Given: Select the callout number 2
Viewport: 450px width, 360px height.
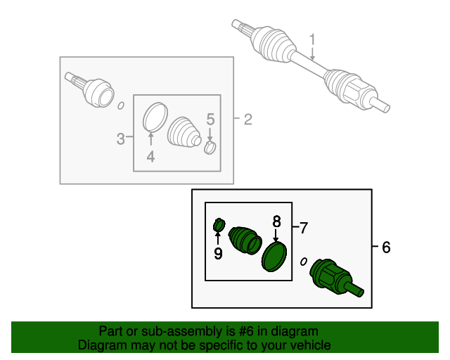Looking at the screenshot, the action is tap(248, 120).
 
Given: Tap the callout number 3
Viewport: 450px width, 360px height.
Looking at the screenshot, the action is tap(120, 139).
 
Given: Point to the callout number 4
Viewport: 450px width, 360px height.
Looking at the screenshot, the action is tap(150, 157).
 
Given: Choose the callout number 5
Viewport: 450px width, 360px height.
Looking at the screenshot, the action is tap(210, 120).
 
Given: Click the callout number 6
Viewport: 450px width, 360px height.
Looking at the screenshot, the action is tap(386, 247).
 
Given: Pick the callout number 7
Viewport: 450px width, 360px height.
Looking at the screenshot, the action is tap(304, 228).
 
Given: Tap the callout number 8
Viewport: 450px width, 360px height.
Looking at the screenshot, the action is tap(276, 222).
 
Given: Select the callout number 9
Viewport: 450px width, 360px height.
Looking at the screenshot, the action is tap(218, 254).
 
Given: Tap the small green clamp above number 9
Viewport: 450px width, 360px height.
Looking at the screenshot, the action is tap(219, 225).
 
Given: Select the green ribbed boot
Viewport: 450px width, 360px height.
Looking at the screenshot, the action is tap(245, 240).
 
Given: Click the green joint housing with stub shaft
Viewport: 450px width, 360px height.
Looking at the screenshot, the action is tap(336, 277).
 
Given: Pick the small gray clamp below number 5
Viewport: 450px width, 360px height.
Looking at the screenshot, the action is tap(210, 147).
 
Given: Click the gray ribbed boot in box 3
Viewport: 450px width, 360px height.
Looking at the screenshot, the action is tap(184, 132).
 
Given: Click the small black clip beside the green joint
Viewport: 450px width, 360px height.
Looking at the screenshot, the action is tap(303, 262).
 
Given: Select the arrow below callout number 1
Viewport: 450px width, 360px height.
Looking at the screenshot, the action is tap(312, 53).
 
